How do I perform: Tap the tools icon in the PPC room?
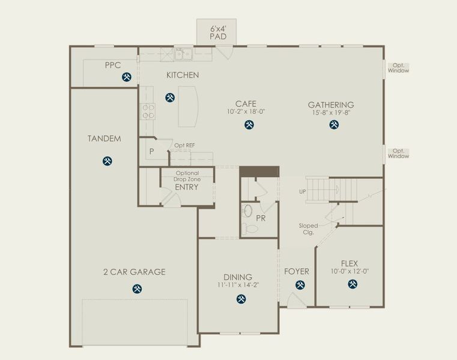pyautogui.click(x=127, y=77)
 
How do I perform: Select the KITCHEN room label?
pyautogui.click(x=183, y=75)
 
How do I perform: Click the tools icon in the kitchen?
pyautogui.click(x=170, y=97)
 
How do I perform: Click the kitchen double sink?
pyautogui.click(x=183, y=55)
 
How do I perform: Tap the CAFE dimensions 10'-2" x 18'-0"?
pyautogui.click(x=246, y=112)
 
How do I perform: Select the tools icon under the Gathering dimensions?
pyautogui.click(x=334, y=125)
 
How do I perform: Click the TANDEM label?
pyautogui.click(x=104, y=139)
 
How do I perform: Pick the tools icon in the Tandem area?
pyautogui.click(x=107, y=161)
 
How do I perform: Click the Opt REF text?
pyautogui.click(x=184, y=146)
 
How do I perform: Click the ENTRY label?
pyautogui.click(x=186, y=187)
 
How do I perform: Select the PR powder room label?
pyautogui.click(x=261, y=218)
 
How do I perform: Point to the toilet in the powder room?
pyautogui.click(x=247, y=229)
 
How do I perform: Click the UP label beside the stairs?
pyautogui.click(x=303, y=192)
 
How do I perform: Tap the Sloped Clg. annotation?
pyautogui.click(x=309, y=229)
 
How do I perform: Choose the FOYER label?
pyautogui.click(x=297, y=272)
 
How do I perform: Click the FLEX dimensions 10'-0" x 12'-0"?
pyautogui.click(x=349, y=271)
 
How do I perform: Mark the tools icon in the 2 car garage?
pyautogui.click(x=137, y=289)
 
